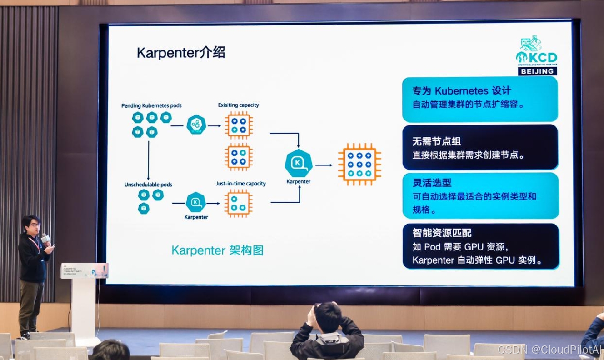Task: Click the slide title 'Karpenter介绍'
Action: pos(180,53)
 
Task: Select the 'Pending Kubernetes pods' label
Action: pos(151,105)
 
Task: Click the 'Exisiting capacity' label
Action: pos(238,105)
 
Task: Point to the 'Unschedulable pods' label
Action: pos(148,185)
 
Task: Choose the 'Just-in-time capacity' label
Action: pos(240,184)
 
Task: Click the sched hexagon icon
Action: pos(196,125)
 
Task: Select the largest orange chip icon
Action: pos(359,164)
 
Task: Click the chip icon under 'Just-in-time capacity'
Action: pos(238,203)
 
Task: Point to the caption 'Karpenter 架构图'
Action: pos(217,250)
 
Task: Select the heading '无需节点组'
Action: pos(430,141)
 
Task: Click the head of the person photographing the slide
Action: pos(328,316)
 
